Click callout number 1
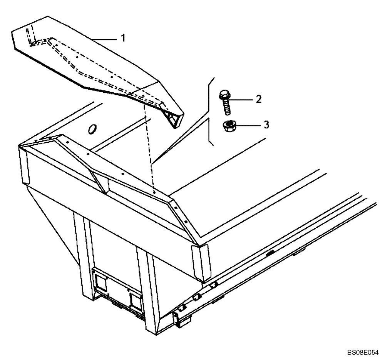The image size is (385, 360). (123, 38)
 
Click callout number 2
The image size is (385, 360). (258, 99)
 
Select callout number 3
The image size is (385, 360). (266, 125)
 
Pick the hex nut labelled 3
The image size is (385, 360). (229, 126)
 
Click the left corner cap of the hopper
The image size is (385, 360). (24, 165)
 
